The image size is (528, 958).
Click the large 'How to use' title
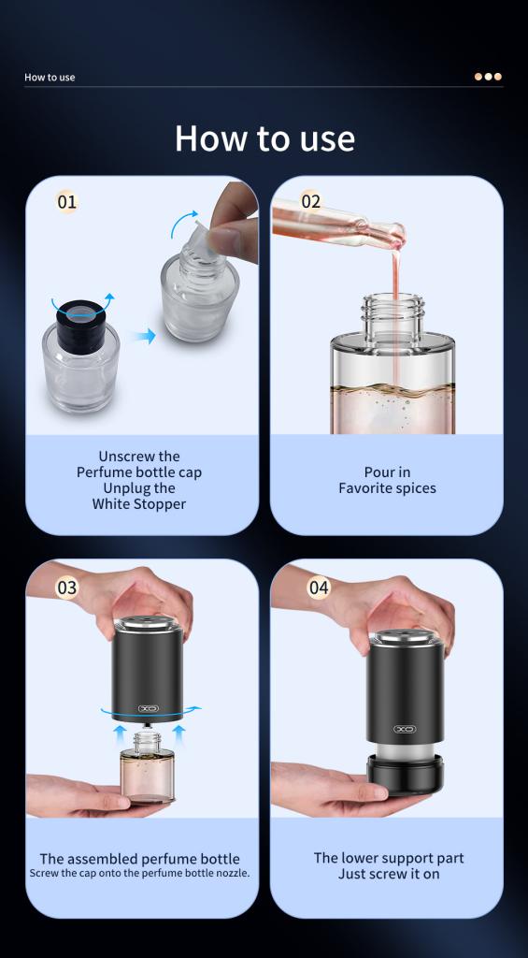(264, 138)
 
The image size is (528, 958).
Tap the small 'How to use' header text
(50, 77)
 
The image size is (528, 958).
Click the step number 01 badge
(67, 202)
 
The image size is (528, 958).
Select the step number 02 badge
(311, 202)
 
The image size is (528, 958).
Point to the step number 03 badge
(67, 588)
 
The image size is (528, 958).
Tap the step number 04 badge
(319, 588)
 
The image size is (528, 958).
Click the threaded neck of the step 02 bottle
(393, 315)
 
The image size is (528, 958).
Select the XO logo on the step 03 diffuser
(148, 708)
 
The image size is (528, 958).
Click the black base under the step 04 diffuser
(405, 775)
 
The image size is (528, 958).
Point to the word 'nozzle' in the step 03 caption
(231, 873)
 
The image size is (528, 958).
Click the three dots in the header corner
(489, 77)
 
